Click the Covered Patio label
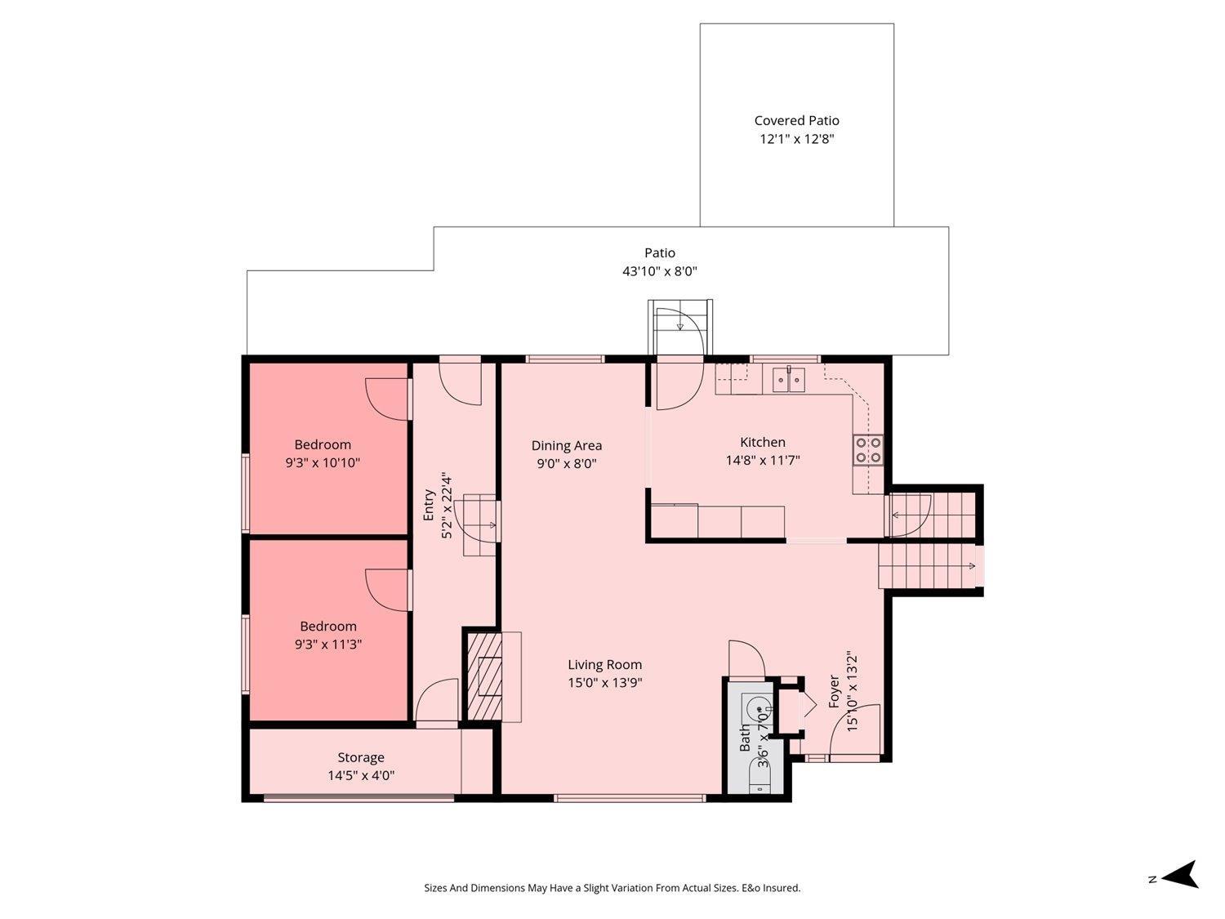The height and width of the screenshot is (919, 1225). [x=796, y=120]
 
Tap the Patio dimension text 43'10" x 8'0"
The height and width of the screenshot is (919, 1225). [x=660, y=271]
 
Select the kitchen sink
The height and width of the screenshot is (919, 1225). [x=788, y=380]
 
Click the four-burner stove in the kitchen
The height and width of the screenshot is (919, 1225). [x=867, y=449]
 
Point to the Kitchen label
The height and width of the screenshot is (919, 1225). [x=762, y=442]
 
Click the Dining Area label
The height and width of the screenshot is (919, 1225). [x=566, y=445]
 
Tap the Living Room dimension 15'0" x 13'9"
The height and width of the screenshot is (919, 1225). [x=605, y=683]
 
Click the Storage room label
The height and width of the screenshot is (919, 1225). [x=361, y=757]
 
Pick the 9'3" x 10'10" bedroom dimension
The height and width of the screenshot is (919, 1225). [x=323, y=462]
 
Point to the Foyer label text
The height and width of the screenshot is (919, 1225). [x=834, y=691]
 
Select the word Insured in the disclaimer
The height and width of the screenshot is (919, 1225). [x=782, y=888]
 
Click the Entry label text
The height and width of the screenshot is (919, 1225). [x=429, y=505]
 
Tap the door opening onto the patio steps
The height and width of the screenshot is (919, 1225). [x=679, y=384]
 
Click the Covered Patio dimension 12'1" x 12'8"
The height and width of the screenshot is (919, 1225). [x=796, y=139]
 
